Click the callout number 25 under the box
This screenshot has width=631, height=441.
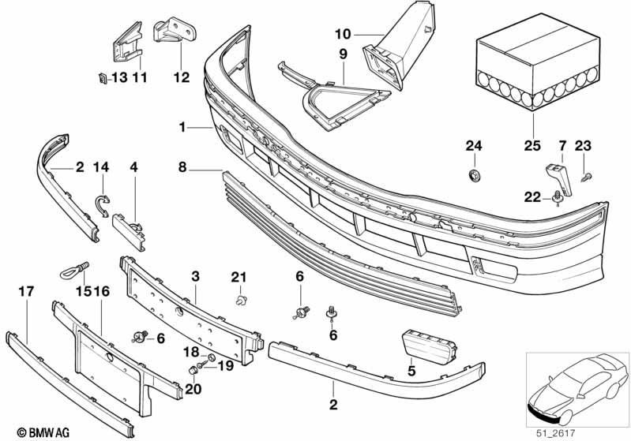532,145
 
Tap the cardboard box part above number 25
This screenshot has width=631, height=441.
539,62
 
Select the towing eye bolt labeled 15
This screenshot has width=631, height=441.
74,270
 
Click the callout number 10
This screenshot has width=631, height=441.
343,34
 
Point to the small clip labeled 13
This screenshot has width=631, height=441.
103,78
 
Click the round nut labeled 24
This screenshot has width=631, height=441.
475,175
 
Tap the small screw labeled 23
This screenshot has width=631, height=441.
587,176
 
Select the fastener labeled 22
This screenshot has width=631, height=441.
558,197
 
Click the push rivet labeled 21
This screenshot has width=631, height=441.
241,300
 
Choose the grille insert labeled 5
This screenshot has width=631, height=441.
430,346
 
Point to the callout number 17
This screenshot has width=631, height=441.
27,291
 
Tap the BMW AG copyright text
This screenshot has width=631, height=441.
43,433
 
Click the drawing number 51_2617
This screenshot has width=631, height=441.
556,433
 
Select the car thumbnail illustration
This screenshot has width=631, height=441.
577,389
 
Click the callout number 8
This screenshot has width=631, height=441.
182,166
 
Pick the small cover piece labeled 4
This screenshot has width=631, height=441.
130,232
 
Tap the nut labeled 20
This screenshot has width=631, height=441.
193,370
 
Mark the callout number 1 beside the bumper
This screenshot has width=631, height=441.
182,128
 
